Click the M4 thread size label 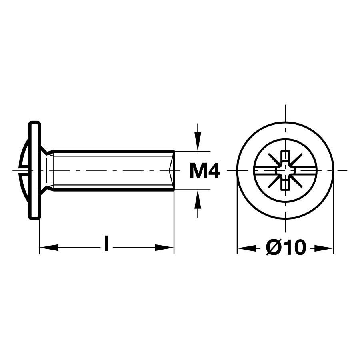click(x=204, y=172)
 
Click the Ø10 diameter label click(x=286, y=248)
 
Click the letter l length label click(x=106, y=244)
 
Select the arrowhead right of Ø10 click(x=324, y=248)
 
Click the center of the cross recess click(x=285, y=171)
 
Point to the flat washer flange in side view click(x=34, y=171)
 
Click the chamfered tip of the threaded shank click(x=172, y=171)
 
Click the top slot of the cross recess click(x=285, y=156)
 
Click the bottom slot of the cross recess click(x=285, y=185)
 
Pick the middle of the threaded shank click(x=112, y=171)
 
